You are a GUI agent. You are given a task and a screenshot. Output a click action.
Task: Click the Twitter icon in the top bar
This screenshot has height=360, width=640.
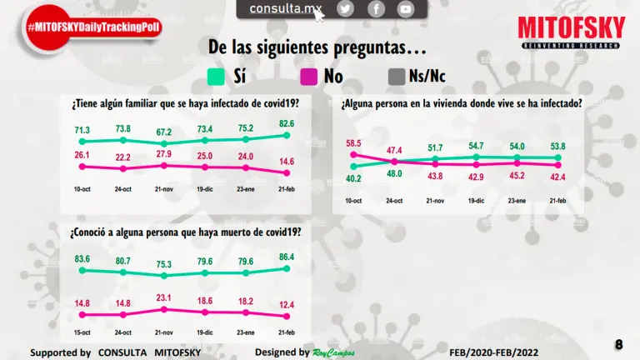346,9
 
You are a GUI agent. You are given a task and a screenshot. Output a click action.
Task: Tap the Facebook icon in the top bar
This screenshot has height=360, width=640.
376,9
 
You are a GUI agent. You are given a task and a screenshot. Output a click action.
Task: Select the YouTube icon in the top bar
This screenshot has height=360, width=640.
405,9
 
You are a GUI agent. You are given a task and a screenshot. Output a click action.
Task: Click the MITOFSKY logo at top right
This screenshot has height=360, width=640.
571,32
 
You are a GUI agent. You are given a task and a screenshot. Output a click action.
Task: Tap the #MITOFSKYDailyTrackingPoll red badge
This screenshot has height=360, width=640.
93,27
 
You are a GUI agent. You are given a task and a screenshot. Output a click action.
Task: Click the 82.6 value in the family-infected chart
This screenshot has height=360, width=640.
286,124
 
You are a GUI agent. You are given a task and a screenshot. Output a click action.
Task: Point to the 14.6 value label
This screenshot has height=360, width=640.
286,162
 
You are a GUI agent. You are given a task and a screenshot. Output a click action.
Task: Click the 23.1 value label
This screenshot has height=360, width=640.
164,297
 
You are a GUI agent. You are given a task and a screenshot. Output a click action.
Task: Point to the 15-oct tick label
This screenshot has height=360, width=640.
82,332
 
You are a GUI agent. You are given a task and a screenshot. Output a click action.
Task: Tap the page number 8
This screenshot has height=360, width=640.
619,345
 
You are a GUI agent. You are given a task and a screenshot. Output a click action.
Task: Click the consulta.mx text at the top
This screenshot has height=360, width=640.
285,9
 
